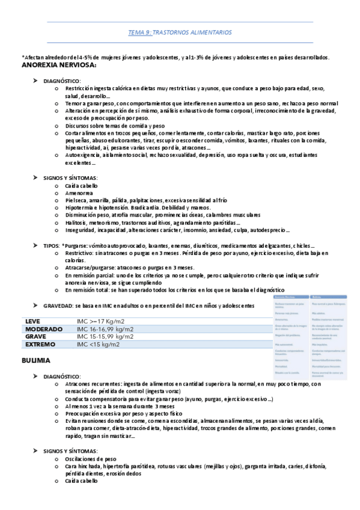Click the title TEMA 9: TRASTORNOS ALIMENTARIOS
tap(180, 32)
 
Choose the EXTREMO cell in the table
tap(40, 345)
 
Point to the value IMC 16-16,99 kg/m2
tap(105, 329)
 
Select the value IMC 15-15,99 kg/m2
tap(105, 337)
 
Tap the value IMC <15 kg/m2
tap(98, 345)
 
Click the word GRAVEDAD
tap(57, 306)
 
